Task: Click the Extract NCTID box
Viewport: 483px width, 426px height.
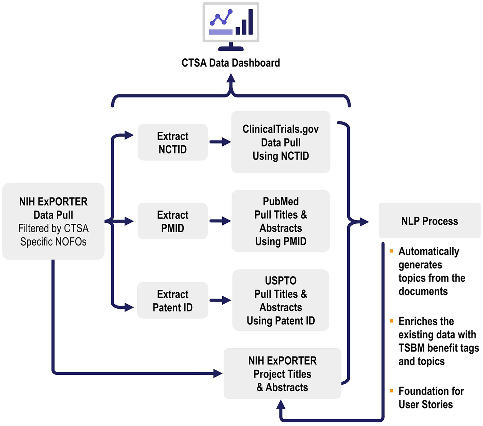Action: [x=172, y=142]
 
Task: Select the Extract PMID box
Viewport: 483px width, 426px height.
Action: [x=172, y=221]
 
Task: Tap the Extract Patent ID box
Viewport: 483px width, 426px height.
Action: [x=172, y=300]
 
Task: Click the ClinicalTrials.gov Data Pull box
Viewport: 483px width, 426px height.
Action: [x=281, y=142]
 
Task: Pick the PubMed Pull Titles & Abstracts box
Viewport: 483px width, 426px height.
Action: [x=281, y=221]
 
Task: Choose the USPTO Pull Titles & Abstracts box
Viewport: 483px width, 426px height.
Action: [x=281, y=300]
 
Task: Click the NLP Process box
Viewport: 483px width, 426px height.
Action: [x=429, y=221]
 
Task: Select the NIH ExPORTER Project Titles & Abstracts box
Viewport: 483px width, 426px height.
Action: [x=282, y=373]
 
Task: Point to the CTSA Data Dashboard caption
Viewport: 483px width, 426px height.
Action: [x=231, y=63]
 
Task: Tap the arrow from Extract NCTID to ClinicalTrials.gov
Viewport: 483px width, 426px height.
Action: [x=220, y=142]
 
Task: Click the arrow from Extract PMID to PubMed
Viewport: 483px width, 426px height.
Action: [x=220, y=221]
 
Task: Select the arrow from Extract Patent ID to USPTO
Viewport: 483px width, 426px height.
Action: [x=220, y=300]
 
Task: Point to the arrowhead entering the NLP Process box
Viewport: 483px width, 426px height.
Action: [x=364, y=222]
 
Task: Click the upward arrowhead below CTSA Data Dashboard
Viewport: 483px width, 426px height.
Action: [x=231, y=79]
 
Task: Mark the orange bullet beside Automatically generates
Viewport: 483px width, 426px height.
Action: [x=391, y=251]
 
